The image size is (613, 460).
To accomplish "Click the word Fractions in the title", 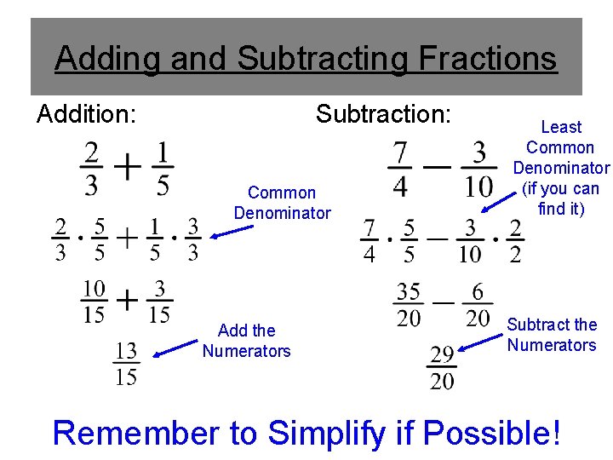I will tap(487, 59).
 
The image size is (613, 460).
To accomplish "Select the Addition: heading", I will tap(87, 113).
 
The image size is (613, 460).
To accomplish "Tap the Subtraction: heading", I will tap(383, 113).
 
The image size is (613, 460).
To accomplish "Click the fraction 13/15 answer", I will tap(125, 362).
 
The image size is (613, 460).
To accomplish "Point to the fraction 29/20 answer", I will tap(442, 367).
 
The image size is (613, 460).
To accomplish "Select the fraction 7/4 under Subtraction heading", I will tap(399, 168).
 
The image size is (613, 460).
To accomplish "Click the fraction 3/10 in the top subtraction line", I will tap(479, 168).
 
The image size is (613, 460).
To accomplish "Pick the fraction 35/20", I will tap(409, 305).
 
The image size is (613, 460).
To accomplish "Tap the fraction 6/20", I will tap(478, 305).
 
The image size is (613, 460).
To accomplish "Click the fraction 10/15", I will tap(95, 302).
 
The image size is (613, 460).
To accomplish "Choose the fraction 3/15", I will tap(158, 302).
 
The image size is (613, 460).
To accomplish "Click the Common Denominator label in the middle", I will tap(282, 203).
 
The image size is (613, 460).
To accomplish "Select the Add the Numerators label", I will tap(246, 340).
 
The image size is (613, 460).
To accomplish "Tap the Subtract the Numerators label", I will tap(552, 335).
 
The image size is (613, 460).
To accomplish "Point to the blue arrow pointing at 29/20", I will tap(480, 342).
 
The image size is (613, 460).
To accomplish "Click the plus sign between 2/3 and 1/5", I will tap(128, 167).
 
